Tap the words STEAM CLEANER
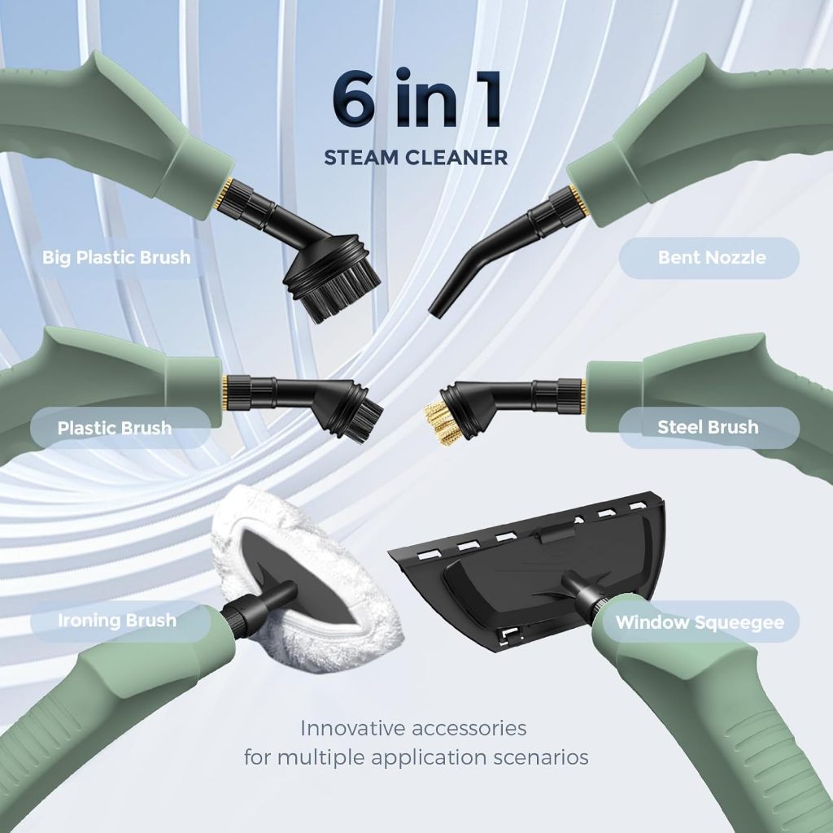pos(416,158)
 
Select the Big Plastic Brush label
pos(116,258)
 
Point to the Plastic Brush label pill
pos(120,428)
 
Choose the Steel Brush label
pos(709,427)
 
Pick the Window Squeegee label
pos(701,622)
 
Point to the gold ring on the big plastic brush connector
pos(227,192)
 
